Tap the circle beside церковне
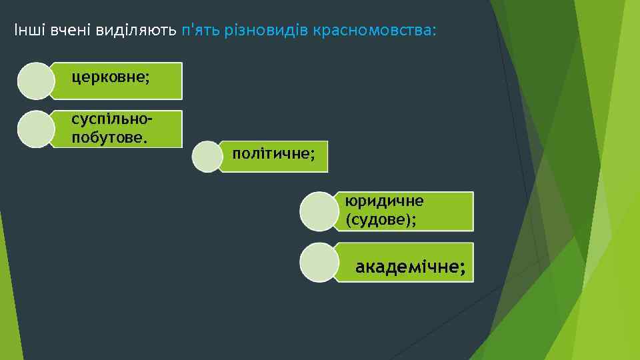(35, 81)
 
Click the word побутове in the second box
(109, 138)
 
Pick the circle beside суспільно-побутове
(35, 129)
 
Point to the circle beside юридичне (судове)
(319, 211)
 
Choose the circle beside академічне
(319, 262)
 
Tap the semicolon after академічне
(462, 269)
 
